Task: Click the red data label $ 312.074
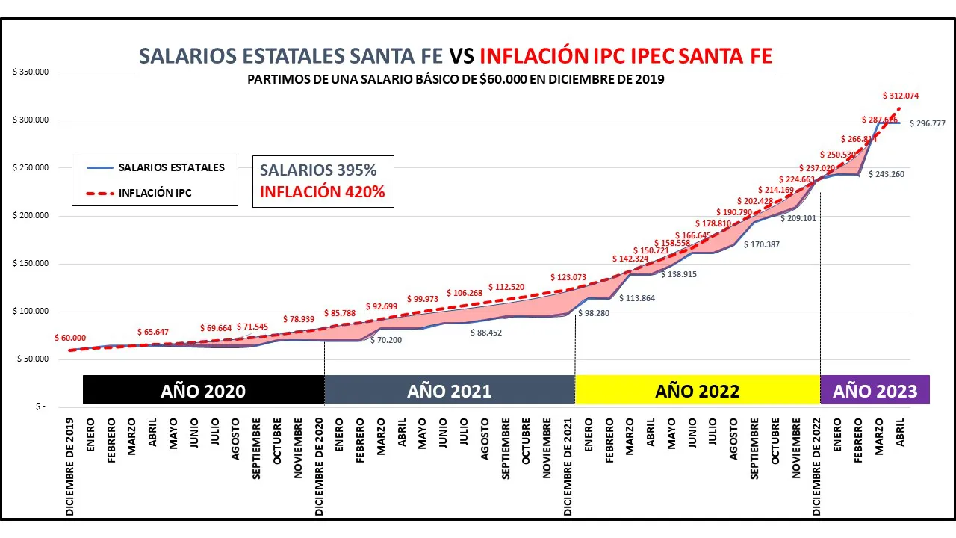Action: [x=901, y=96]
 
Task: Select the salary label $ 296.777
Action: [x=927, y=124]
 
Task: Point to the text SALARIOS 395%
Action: [x=318, y=170]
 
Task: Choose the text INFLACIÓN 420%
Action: [x=323, y=192]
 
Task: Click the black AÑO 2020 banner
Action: [x=203, y=391]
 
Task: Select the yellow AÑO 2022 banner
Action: [x=697, y=391]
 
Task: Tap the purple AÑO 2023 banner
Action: [x=875, y=391]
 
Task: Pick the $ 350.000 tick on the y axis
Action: [x=31, y=72]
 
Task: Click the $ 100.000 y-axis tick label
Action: [x=31, y=312]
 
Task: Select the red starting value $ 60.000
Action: [x=69, y=338]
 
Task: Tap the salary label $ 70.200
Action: [x=386, y=340]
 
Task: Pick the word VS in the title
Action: [x=461, y=56]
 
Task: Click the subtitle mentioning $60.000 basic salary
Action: [x=456, y=79]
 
